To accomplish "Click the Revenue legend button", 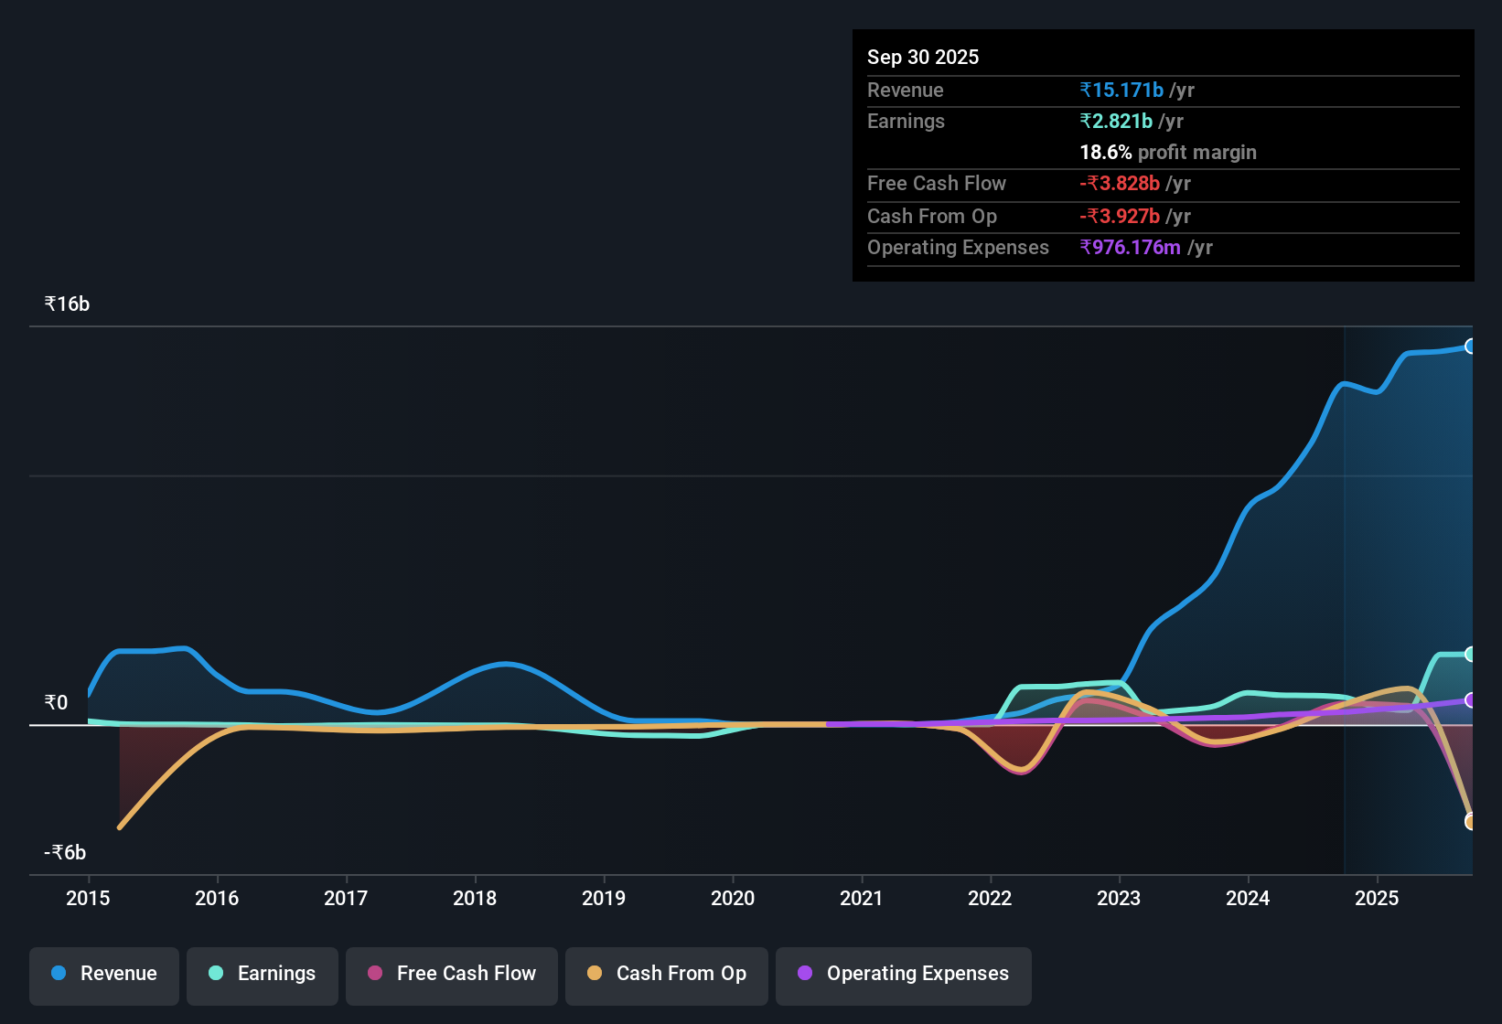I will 104,974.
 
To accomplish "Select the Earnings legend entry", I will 263,974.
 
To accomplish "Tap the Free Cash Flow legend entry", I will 452,974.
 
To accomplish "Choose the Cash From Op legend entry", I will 667,974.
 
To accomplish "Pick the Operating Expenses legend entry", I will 904,974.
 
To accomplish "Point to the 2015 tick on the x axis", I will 88,898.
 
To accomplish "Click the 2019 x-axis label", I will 604,898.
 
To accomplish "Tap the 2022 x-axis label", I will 990,898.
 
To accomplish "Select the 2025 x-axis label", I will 1377,898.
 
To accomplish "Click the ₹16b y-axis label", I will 67,304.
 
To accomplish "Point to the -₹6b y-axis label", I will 65,852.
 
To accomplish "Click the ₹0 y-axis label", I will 56,702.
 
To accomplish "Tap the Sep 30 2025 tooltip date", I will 923,57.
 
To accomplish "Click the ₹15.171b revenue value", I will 1121,90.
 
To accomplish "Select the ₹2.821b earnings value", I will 1116,121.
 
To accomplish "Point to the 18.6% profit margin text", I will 1168,152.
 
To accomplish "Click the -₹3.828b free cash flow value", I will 1120,183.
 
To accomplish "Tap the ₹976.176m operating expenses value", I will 1130,247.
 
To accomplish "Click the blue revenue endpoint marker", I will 1470,347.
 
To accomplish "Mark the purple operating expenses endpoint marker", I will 1470,700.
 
